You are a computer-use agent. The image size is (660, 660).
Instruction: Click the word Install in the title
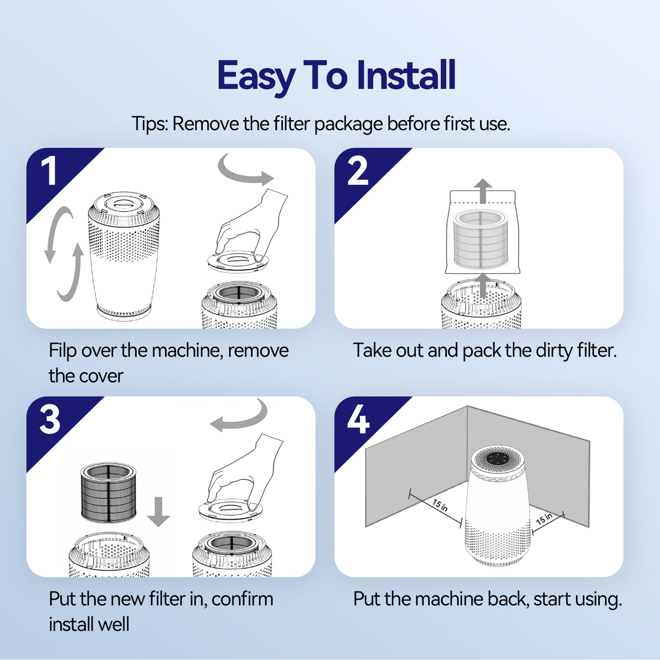406,75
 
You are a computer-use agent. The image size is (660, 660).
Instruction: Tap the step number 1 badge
49,171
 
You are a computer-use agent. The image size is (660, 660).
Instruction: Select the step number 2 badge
358,171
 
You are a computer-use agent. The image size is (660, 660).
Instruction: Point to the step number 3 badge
50,420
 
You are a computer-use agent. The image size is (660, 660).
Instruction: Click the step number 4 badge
358,420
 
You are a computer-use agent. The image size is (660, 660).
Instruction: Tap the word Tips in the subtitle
149,124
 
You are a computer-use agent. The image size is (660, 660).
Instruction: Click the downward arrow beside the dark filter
158,512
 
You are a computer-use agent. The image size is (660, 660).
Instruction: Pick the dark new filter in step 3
108,492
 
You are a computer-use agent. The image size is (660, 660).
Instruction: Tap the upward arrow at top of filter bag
482,191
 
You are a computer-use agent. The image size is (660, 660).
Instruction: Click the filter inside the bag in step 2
480,239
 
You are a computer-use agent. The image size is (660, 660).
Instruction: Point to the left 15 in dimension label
440,505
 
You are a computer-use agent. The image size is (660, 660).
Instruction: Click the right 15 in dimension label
544,519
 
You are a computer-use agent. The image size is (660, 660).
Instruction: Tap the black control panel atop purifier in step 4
497,458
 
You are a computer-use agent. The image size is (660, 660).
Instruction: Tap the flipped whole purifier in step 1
123,256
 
